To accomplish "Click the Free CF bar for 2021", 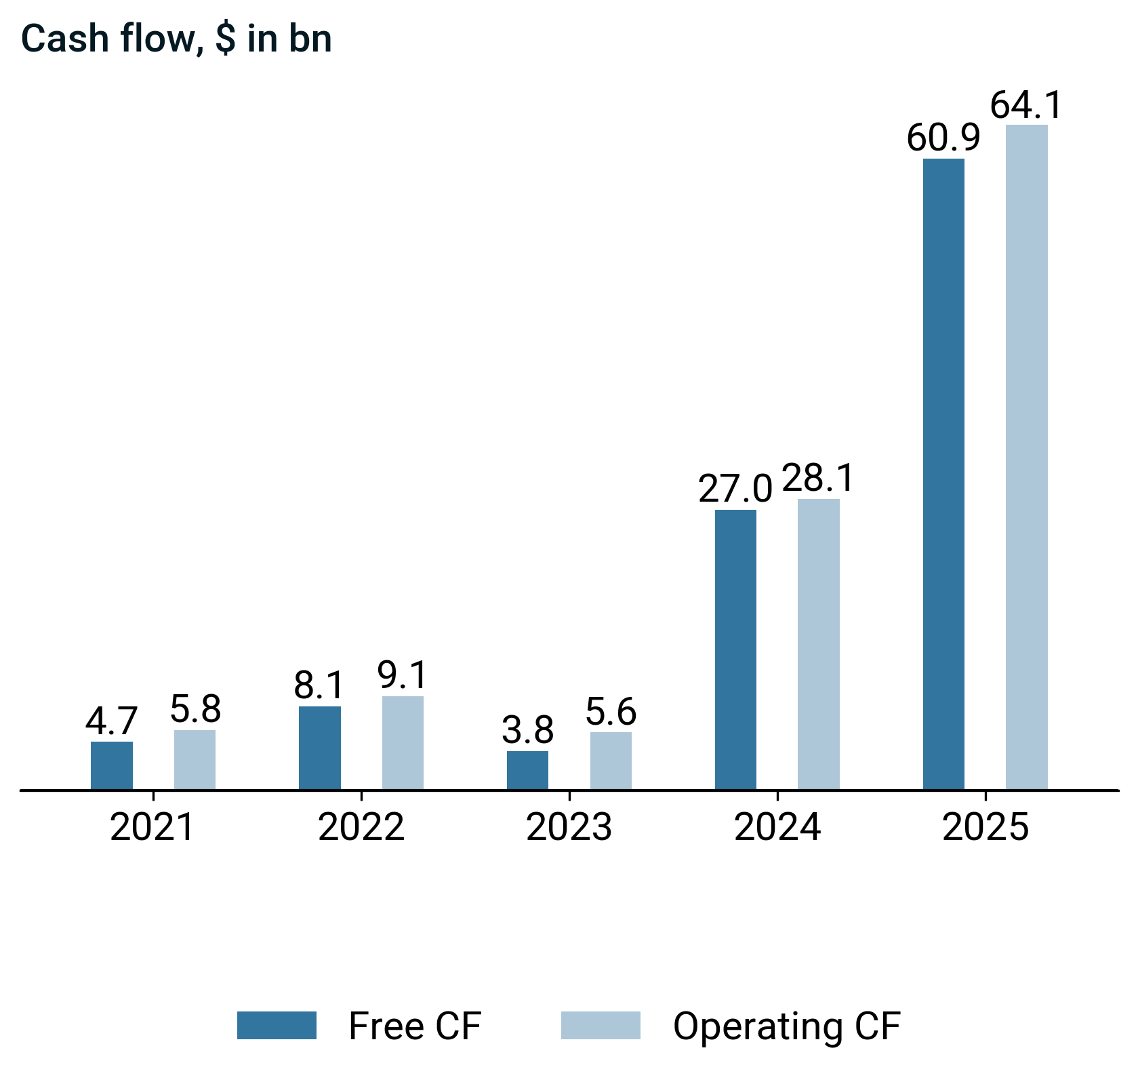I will point(112,765).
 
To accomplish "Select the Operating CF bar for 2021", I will point(195,759).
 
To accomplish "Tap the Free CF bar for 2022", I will point(320,748).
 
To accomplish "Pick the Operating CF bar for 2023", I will point(611,761).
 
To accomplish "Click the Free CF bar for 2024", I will point(735,649).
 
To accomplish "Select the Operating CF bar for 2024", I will point(819,644).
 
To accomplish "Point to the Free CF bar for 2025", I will point(943,474).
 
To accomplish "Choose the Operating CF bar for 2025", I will point(1027,457).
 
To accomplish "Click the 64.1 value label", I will point(1026,106).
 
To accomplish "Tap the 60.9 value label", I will point(943,139).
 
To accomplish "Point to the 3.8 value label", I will point(528,731).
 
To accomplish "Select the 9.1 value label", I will point(403,676).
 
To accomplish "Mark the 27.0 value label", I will point(735,489).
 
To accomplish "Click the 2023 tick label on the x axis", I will point(569,828).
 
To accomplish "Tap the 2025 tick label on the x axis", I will point(985,828).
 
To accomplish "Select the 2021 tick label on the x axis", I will point(153,828).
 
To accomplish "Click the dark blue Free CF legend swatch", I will point(277,1026).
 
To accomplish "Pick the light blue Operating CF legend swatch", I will point(601,1026).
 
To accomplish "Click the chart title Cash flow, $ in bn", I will point(177,39).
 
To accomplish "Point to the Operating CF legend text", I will point(787,1026).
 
